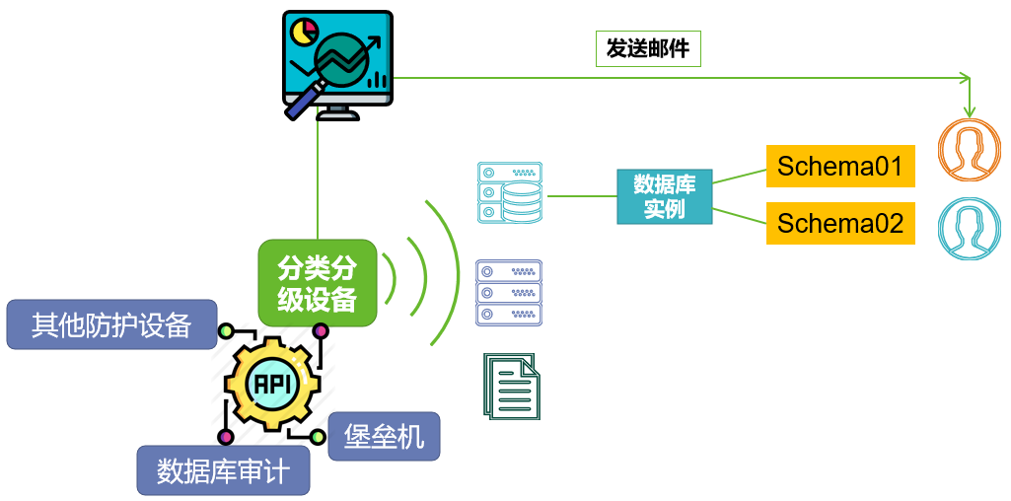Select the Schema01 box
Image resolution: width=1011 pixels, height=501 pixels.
click(x=840, y=166)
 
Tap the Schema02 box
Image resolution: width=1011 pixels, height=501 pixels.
click(x=840, y=224)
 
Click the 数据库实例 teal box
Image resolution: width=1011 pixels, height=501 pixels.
click(x=665, y=196)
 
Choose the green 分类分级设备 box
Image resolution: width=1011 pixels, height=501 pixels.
click(x=318, y=283)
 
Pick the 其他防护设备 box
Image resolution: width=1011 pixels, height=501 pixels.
click(x=111, y=324)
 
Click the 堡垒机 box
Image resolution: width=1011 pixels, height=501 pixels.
click(x=384, y=435)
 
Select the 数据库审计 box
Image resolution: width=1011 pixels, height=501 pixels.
click(x=223, y=470)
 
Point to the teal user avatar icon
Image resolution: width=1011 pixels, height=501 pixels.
click(x=970, y=230)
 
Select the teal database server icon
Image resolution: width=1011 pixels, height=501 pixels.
click(x=509, y=192)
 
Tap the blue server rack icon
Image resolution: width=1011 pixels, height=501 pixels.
click(x=509, y=293)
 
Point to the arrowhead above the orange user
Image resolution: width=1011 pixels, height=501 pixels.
click(x=970, y=110)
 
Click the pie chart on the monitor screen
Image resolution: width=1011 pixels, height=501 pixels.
click(x=304, y=32)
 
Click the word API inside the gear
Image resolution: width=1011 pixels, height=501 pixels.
click(x=272, y=385)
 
